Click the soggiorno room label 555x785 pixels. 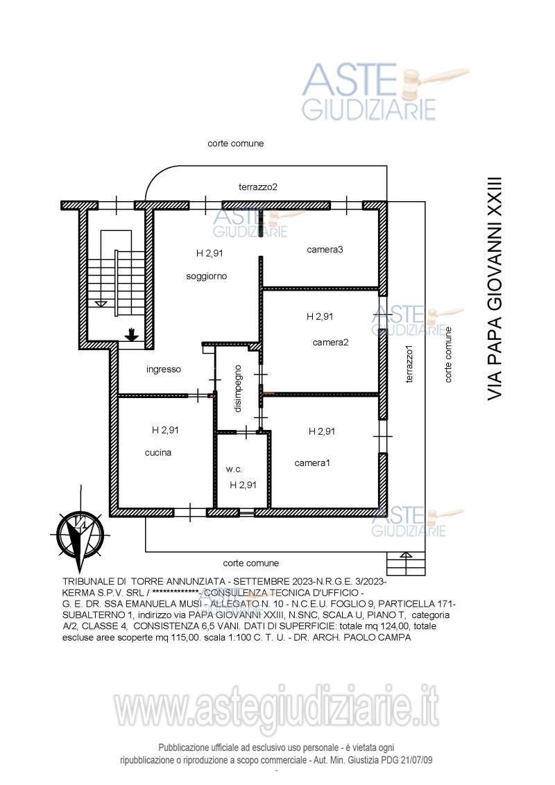click(x=206, y=277)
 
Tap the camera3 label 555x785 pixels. click(x=325, y=250)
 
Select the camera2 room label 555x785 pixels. click(x=331, y=343)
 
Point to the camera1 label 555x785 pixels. click(x=312, y=463)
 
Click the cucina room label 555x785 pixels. click(x=158, y=453)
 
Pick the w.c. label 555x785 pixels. click(x=234, y=469)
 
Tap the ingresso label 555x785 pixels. click(x=164, y=370)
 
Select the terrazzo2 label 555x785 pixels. click(x=258, y=187)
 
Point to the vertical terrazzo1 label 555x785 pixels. click(x=410, y=365)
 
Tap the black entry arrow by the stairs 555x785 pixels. click(x=132, y=334)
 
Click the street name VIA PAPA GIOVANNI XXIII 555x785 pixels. click(x=495, y=289)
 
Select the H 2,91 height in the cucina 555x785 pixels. click(x=165, y=430)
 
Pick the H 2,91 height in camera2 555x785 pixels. click(x=320, y=316)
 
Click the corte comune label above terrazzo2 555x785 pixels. click(x=235, y=144)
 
